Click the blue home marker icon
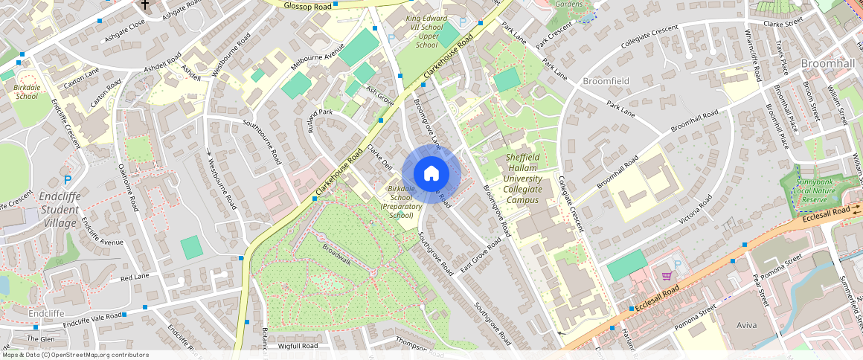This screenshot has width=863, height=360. [x=431, y=174]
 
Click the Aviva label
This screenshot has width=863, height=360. [x=746, y=326]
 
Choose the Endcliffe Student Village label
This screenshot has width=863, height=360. [x=60, y=210]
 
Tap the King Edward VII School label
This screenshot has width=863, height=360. [x=426, y=30]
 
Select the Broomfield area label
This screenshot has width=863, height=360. [x=606, y=80]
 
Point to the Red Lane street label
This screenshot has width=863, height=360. [x=135, y=277]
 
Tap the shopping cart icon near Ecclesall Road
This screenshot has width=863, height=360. [x=667, y=276]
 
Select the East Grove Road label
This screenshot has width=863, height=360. [x=480, y=257]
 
